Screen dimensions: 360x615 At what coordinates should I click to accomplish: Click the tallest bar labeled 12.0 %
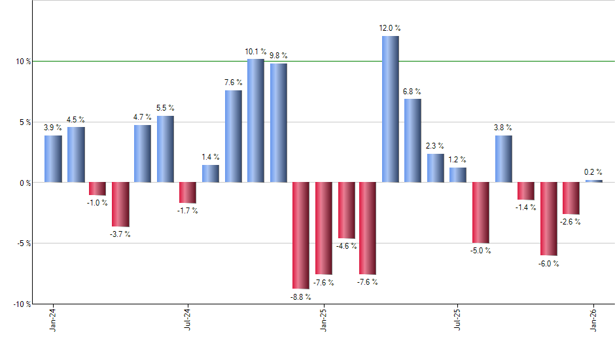(391, 109)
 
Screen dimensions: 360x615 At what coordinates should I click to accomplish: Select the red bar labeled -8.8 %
(301, 235)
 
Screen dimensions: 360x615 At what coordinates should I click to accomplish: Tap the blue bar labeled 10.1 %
(256, 120)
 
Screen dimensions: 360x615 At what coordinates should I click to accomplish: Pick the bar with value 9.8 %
(279, 122)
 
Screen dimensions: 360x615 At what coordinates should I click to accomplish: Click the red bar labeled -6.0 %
(549, 219)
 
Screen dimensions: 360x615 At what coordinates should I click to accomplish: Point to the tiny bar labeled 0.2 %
(594, 181)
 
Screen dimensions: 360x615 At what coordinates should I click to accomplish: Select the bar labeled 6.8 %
(413, 140)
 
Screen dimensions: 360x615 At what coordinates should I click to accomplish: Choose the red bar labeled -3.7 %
(120, 204)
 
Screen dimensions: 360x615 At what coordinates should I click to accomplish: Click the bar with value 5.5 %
(166, 149)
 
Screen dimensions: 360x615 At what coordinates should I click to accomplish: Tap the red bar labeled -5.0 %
(481, 213)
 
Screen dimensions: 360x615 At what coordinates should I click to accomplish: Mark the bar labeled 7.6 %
(234, 136)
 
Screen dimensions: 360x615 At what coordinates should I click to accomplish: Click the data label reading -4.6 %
(347, 246)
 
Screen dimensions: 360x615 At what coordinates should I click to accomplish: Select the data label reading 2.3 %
(435, 146)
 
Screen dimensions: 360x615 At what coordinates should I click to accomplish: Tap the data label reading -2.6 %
(571, 222)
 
